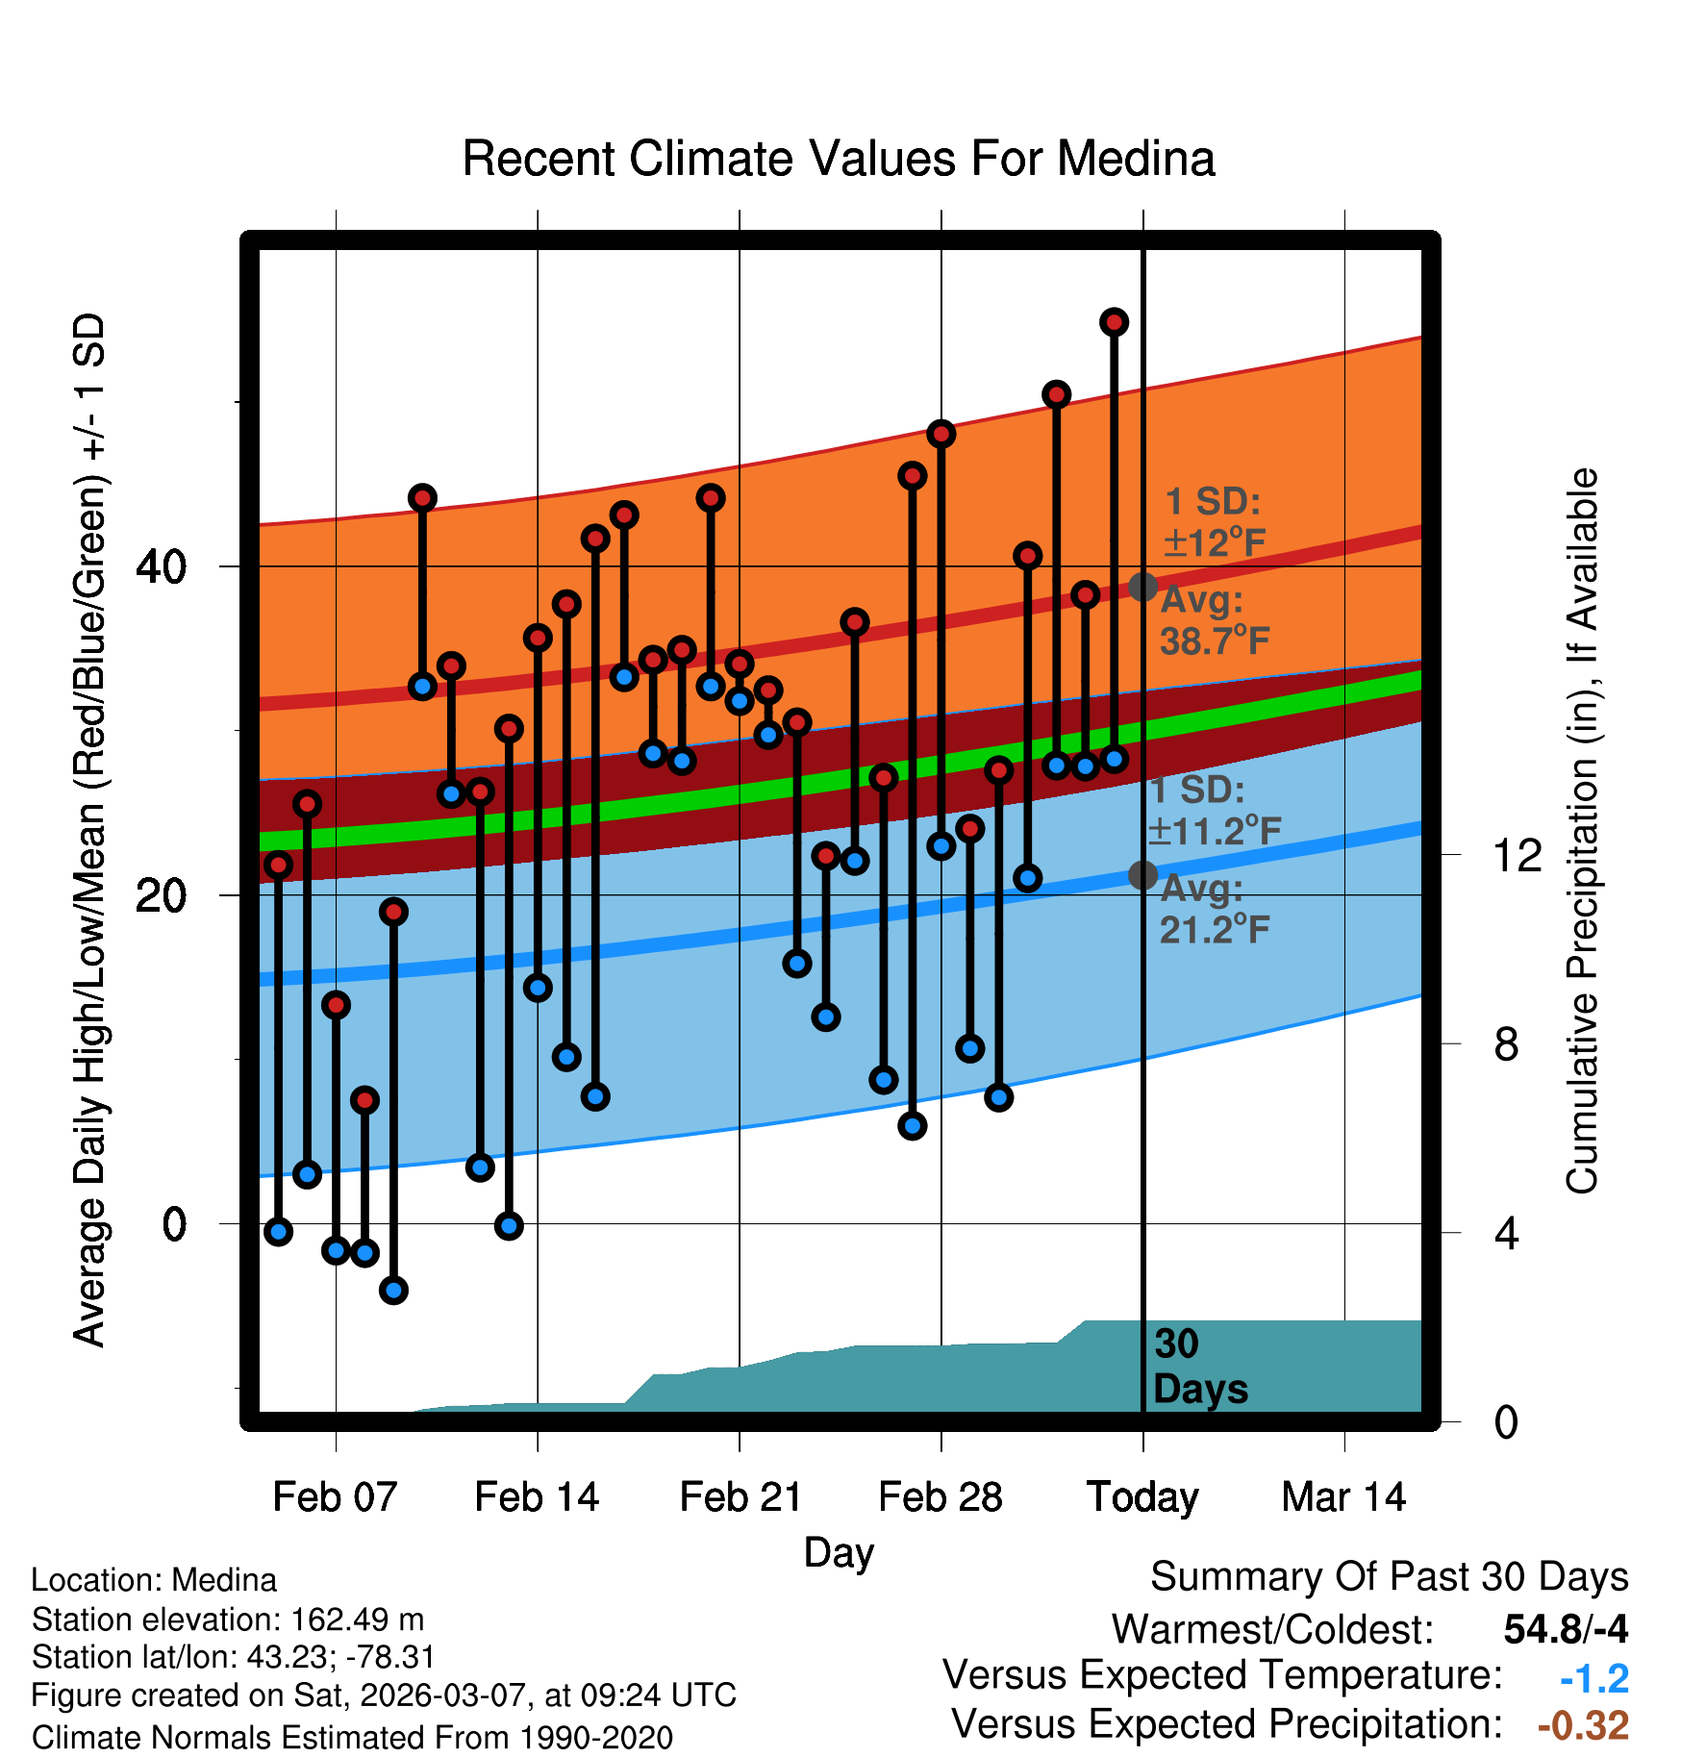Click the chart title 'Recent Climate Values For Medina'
point(839,159)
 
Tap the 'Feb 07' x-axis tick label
point(335,1497)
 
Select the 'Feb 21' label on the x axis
point(740,1497)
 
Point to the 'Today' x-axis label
point(1142,1497)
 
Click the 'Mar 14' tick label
point(1343,1497)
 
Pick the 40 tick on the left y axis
point(161,567)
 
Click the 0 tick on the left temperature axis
point(174,1225)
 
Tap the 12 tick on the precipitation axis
point(1517,855)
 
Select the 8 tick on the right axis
point(1506,1044)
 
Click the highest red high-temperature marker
point(1114,322)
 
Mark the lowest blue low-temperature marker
point(393,1290)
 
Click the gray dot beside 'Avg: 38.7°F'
point(1142,587)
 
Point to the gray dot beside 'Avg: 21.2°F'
point(1142,875)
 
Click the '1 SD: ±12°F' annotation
point(1214,522)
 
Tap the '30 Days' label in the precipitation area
point(1199,1367)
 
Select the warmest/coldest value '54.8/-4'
point(1566,1629)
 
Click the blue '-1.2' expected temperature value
point(1593,1678)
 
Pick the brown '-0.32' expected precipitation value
point(1583,1725)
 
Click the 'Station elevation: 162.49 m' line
point(228,1620)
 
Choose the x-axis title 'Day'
point(839,1552)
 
